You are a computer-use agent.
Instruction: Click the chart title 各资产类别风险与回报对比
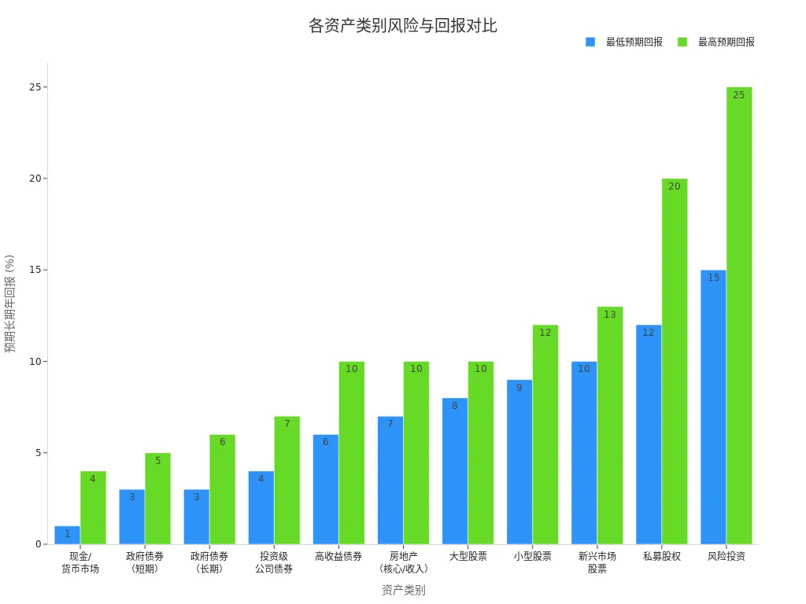[x=402, y=26]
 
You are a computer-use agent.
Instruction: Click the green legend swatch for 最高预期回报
[x=682, y=42]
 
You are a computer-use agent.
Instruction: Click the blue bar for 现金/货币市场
[x=67, y=536]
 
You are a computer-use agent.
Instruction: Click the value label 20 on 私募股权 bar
[x=674, y=186]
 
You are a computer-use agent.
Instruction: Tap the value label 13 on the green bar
[x=609, y=315]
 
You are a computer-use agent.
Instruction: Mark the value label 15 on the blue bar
[x=713, y=278]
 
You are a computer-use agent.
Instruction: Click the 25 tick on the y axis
[x=35, y=87]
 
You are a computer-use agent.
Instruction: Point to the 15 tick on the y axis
[x=35, y=270]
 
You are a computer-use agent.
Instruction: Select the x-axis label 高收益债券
[x=338, y=557]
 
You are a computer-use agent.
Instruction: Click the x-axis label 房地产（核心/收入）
[x=403, y=562]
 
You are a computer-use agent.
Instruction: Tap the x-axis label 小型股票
[x=532, y=557]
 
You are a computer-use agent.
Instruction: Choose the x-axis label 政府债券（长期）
[x=209, y=562]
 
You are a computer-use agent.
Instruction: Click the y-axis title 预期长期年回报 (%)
[x=10, y=303]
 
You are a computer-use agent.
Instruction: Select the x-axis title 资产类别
[x=403, y=590]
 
